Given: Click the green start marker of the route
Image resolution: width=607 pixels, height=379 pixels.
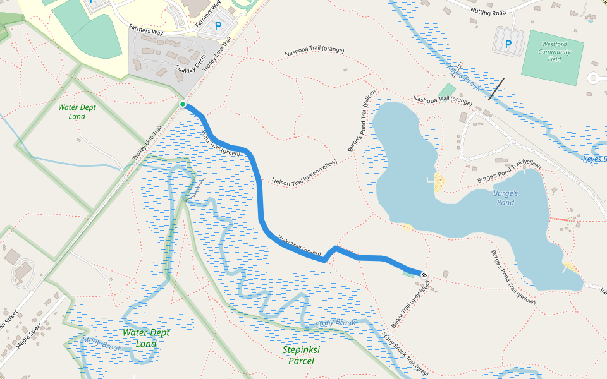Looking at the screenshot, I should (x=183, y=104).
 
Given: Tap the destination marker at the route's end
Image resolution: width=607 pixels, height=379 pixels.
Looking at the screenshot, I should (x=424, y=275).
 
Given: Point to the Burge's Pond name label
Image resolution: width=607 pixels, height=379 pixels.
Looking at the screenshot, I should (x=505, y=198).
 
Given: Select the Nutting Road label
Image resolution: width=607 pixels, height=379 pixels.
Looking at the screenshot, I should (x=489, y=12).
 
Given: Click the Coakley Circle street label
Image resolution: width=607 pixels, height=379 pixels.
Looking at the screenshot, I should (x=191, y=62).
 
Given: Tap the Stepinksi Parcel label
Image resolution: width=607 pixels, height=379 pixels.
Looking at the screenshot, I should (x=301, y=355).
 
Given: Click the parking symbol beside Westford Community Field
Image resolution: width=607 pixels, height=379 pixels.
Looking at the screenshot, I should (x=508, y=44).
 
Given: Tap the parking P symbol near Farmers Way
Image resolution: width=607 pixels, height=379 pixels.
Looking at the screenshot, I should (x=218, y=26).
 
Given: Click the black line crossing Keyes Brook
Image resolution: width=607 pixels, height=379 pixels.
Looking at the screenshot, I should (x=496, y=88).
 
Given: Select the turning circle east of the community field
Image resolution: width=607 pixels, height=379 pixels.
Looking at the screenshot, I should (x=594, y=78).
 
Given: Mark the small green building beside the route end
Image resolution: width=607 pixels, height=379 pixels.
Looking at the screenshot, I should (x=408, y=274).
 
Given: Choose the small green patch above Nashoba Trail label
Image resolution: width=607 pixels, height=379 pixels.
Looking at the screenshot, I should (x=446, y=90).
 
